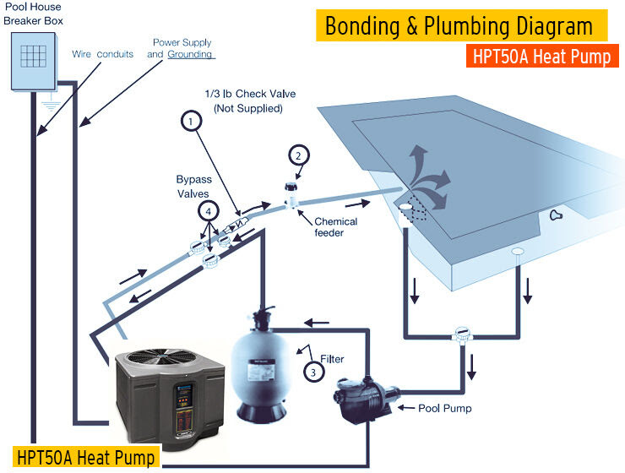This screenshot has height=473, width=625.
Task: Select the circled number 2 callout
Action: pos(297,155)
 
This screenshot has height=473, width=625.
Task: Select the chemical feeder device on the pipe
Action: pos(292,195)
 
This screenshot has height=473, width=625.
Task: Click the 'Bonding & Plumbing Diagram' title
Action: pos(459,26)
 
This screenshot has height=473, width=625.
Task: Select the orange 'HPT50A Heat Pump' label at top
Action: pos(541,56)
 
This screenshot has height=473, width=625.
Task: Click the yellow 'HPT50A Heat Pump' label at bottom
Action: pos(84,457)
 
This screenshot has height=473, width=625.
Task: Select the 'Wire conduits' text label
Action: pos(103,54)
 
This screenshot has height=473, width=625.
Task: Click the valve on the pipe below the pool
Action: pos(461,332)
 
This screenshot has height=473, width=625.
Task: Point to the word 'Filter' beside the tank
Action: pos(331,359)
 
